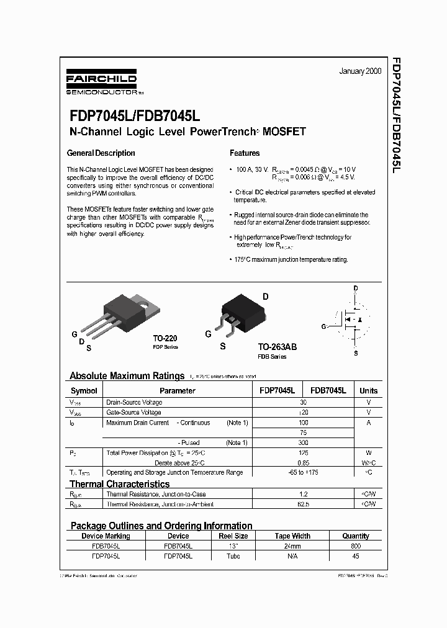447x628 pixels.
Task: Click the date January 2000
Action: [360, 71]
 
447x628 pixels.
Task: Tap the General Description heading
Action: [101, 153]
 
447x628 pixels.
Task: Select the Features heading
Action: [245, 153]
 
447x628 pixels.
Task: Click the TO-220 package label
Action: [165, 338]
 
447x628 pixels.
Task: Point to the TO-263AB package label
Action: [277, 348]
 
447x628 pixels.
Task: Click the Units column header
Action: [368, 391]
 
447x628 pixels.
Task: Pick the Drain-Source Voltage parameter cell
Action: [134, 402]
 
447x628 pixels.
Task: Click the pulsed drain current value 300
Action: [303, 442]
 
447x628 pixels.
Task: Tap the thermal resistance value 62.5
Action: [303, 505]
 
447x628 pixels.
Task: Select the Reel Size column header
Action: [233, 536]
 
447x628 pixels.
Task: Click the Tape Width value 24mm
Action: [292, 546]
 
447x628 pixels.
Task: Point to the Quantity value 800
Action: [355, 546]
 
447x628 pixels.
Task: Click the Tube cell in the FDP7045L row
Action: [233, 556]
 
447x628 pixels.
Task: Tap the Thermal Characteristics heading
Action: [119, 484]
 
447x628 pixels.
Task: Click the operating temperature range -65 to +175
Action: [303, 473]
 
